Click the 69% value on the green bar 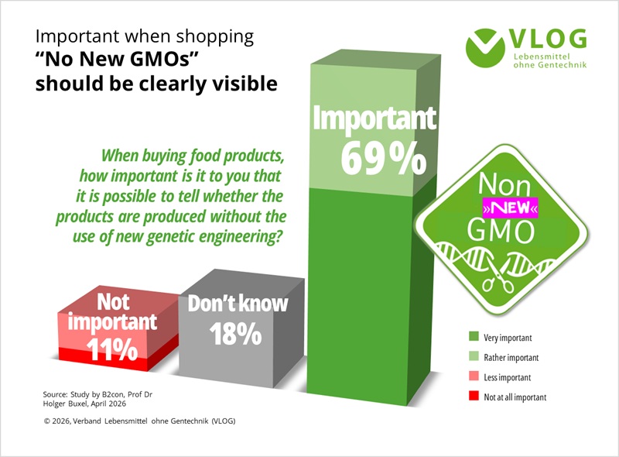[383, 159]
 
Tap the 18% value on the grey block [236, 334]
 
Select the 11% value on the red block [112, 349]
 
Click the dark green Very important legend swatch [474, 336]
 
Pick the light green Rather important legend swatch [474, 356]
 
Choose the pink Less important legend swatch [474, 376]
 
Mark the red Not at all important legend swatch [474, 396]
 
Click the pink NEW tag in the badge [511, 208]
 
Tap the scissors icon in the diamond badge [498, 273]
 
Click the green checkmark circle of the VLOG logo [485, 48]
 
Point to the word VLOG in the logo [548, 40]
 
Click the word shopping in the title [215, 36]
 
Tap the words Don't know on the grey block [238, 304]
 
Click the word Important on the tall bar [374, 118]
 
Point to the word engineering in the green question [241, 237]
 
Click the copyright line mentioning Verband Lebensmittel [140, 421]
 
